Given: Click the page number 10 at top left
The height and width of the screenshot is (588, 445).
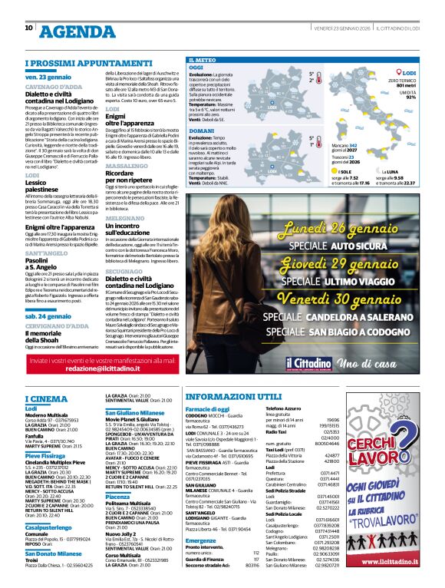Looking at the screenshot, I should tap(29, 28).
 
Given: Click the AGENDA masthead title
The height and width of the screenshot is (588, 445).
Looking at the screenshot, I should tap(76, 31).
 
